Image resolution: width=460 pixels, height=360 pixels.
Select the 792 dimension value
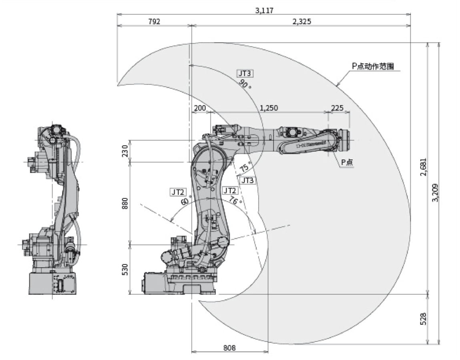[x=154, y=22]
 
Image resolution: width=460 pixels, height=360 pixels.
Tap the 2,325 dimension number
[x=301, y=22]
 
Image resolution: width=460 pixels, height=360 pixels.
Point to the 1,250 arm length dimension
[x=269, y=108]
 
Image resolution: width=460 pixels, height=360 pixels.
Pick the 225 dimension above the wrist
[x=338, y=108]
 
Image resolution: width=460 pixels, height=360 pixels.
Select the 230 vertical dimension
[x=124, y=151]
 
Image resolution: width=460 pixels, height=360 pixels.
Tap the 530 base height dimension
[x=124, y=269]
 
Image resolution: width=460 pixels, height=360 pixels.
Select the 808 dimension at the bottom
[x=229, y=348]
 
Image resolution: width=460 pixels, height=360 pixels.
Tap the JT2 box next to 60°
[x=178, y=192]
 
